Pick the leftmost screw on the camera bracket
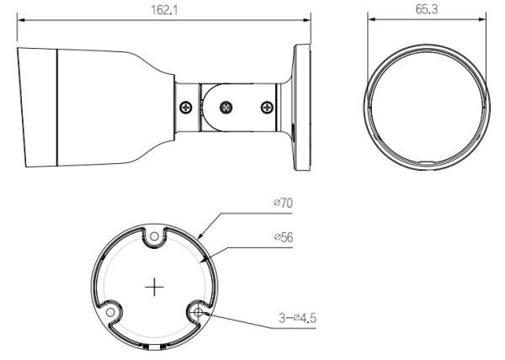click(185, 107)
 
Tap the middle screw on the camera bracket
click(226, 108)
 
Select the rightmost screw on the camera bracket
click(267, 107)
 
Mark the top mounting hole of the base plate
click(155, 238)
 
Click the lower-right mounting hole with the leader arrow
click(199, 312)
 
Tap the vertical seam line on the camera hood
click(56, 107)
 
